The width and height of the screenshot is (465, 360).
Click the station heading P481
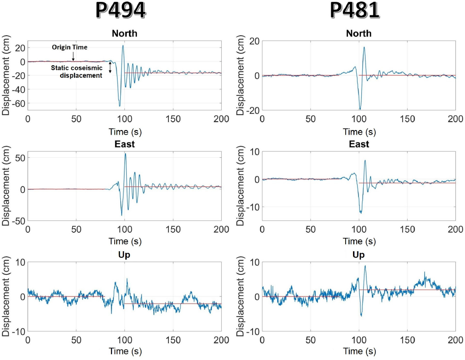[355, 10]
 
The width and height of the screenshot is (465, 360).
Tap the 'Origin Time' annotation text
[69, 47]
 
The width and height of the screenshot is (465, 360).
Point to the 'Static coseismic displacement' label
[77, 72]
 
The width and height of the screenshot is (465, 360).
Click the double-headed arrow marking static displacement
[110, 68]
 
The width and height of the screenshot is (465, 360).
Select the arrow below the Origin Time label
[73, 56]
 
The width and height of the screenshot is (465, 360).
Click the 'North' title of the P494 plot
[124, 33]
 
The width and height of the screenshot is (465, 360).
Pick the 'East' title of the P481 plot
[359, 144]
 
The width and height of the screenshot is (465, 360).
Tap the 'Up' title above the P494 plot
[124, 255]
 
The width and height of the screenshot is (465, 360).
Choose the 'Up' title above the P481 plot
[359, 255]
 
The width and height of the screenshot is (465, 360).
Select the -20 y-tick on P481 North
[252, 110]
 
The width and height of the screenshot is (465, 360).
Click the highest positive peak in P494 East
[125, 154]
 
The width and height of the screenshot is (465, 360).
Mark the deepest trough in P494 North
[119, 106]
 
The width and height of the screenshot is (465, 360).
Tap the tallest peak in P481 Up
[365, 266]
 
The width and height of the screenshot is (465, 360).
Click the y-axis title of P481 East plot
[242, 188]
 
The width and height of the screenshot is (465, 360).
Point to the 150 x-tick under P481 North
[407, 118]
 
